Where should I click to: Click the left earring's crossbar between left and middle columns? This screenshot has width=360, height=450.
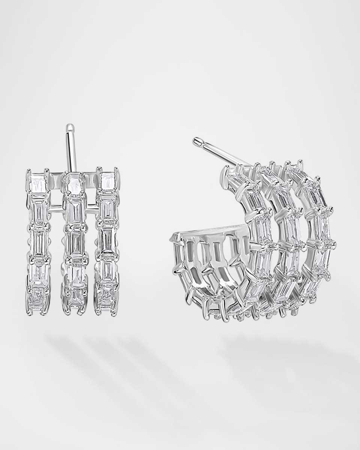tap(56, 205)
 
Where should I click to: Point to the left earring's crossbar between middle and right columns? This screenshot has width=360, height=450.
tap(93, 205)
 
